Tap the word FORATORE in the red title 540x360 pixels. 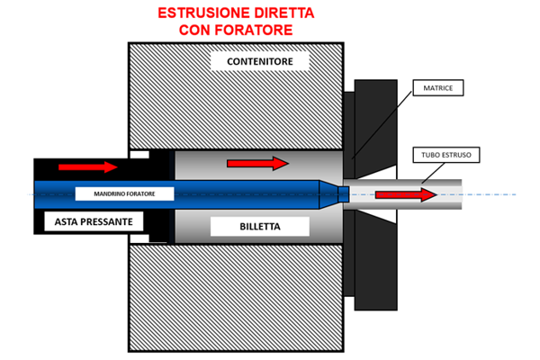point(254,30)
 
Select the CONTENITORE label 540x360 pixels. point(260,61)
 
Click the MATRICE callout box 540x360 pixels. point(438,88)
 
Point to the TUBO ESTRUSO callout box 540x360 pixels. point(446,155)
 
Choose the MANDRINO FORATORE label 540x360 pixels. point(125,194)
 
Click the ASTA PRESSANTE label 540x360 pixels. point(94,221)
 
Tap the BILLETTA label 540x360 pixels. point(260,227)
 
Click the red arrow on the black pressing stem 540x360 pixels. point(88,167)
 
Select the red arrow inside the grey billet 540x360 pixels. point(257,163)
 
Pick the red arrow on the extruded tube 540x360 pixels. point(407,195)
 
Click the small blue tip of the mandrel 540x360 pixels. point(344,194)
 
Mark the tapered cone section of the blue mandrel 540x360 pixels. point(328,194)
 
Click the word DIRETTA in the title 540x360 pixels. point(284,13)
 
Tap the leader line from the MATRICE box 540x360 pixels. point(382,125)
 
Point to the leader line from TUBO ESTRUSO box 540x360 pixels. point(433,173)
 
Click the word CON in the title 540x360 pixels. point(194,30)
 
